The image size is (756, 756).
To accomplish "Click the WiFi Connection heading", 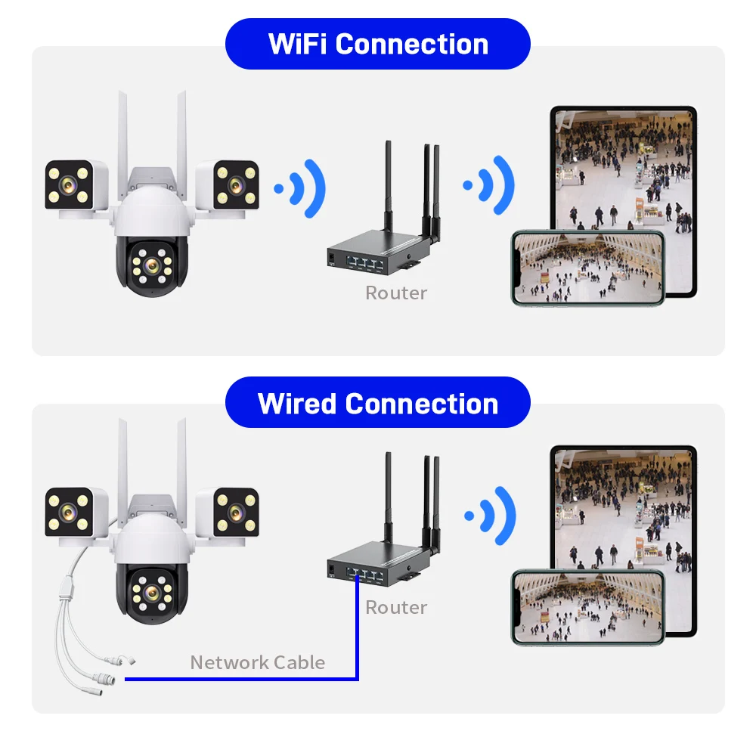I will tap(378, 44).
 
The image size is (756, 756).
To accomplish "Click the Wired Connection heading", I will tap(378, 403).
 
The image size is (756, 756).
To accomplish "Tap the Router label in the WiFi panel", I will tap(396, 293).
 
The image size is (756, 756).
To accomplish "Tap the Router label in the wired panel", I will tap(396, 607).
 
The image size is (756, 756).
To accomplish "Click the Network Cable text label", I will tap(258, 662).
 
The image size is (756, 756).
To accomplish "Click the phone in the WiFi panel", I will tap(587, 268).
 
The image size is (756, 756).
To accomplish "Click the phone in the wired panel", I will tap(587, 607).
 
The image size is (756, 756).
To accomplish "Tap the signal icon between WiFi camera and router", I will tap(302, 187).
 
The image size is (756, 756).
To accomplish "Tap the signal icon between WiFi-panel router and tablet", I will tap(492, 185).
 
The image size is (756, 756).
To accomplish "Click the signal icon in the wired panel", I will tap(492, 517).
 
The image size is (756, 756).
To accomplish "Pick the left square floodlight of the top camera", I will tap(70, 184).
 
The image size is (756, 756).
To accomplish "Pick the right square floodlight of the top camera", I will tap(237, 184).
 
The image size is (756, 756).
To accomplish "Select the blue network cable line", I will tap(242, 679).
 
